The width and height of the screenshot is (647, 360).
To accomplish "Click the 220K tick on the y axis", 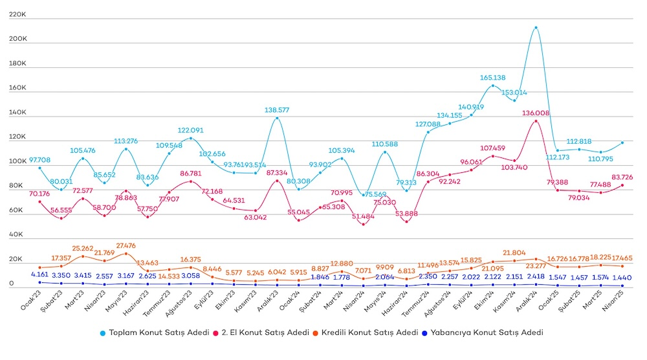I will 18,14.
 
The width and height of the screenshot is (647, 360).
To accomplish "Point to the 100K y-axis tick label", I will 18,162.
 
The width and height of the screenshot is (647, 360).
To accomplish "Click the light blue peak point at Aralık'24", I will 536,28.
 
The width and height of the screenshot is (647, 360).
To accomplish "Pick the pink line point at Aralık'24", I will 536,121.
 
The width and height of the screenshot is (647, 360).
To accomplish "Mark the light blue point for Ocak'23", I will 40,168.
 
